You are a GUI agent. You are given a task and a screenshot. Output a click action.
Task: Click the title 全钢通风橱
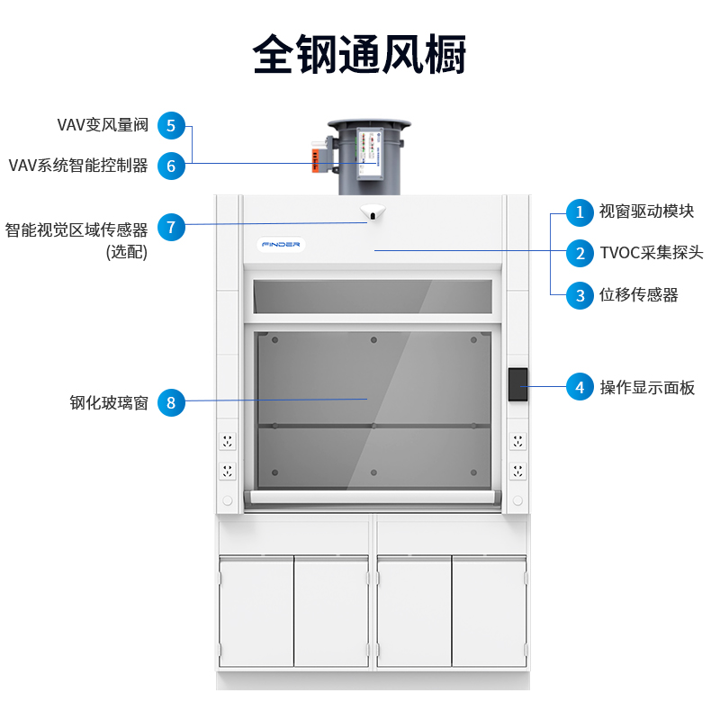359,54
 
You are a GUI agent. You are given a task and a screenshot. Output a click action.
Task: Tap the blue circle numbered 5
171,125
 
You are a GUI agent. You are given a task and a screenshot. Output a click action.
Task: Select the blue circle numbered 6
171,166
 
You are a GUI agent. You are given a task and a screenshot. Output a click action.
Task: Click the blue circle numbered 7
171,227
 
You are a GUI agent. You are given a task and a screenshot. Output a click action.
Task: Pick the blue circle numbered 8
171,402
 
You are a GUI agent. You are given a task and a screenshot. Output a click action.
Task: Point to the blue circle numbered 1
580,212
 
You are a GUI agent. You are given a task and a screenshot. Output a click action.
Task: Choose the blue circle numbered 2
580,253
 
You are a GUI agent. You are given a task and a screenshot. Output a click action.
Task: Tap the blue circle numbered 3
580,294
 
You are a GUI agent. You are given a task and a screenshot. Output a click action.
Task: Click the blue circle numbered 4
580,388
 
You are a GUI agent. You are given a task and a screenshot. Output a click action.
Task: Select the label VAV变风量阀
102,125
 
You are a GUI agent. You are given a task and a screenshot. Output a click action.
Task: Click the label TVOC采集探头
652,253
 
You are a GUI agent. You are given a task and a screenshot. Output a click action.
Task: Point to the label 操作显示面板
647,388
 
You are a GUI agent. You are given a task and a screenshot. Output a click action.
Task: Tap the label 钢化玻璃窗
109,402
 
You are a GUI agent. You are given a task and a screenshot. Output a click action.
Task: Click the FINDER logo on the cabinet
282,245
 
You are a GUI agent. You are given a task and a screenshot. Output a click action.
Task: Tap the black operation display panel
517,384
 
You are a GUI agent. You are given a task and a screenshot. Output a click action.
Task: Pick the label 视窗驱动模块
646,212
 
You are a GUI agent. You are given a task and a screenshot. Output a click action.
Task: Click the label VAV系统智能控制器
78,166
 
